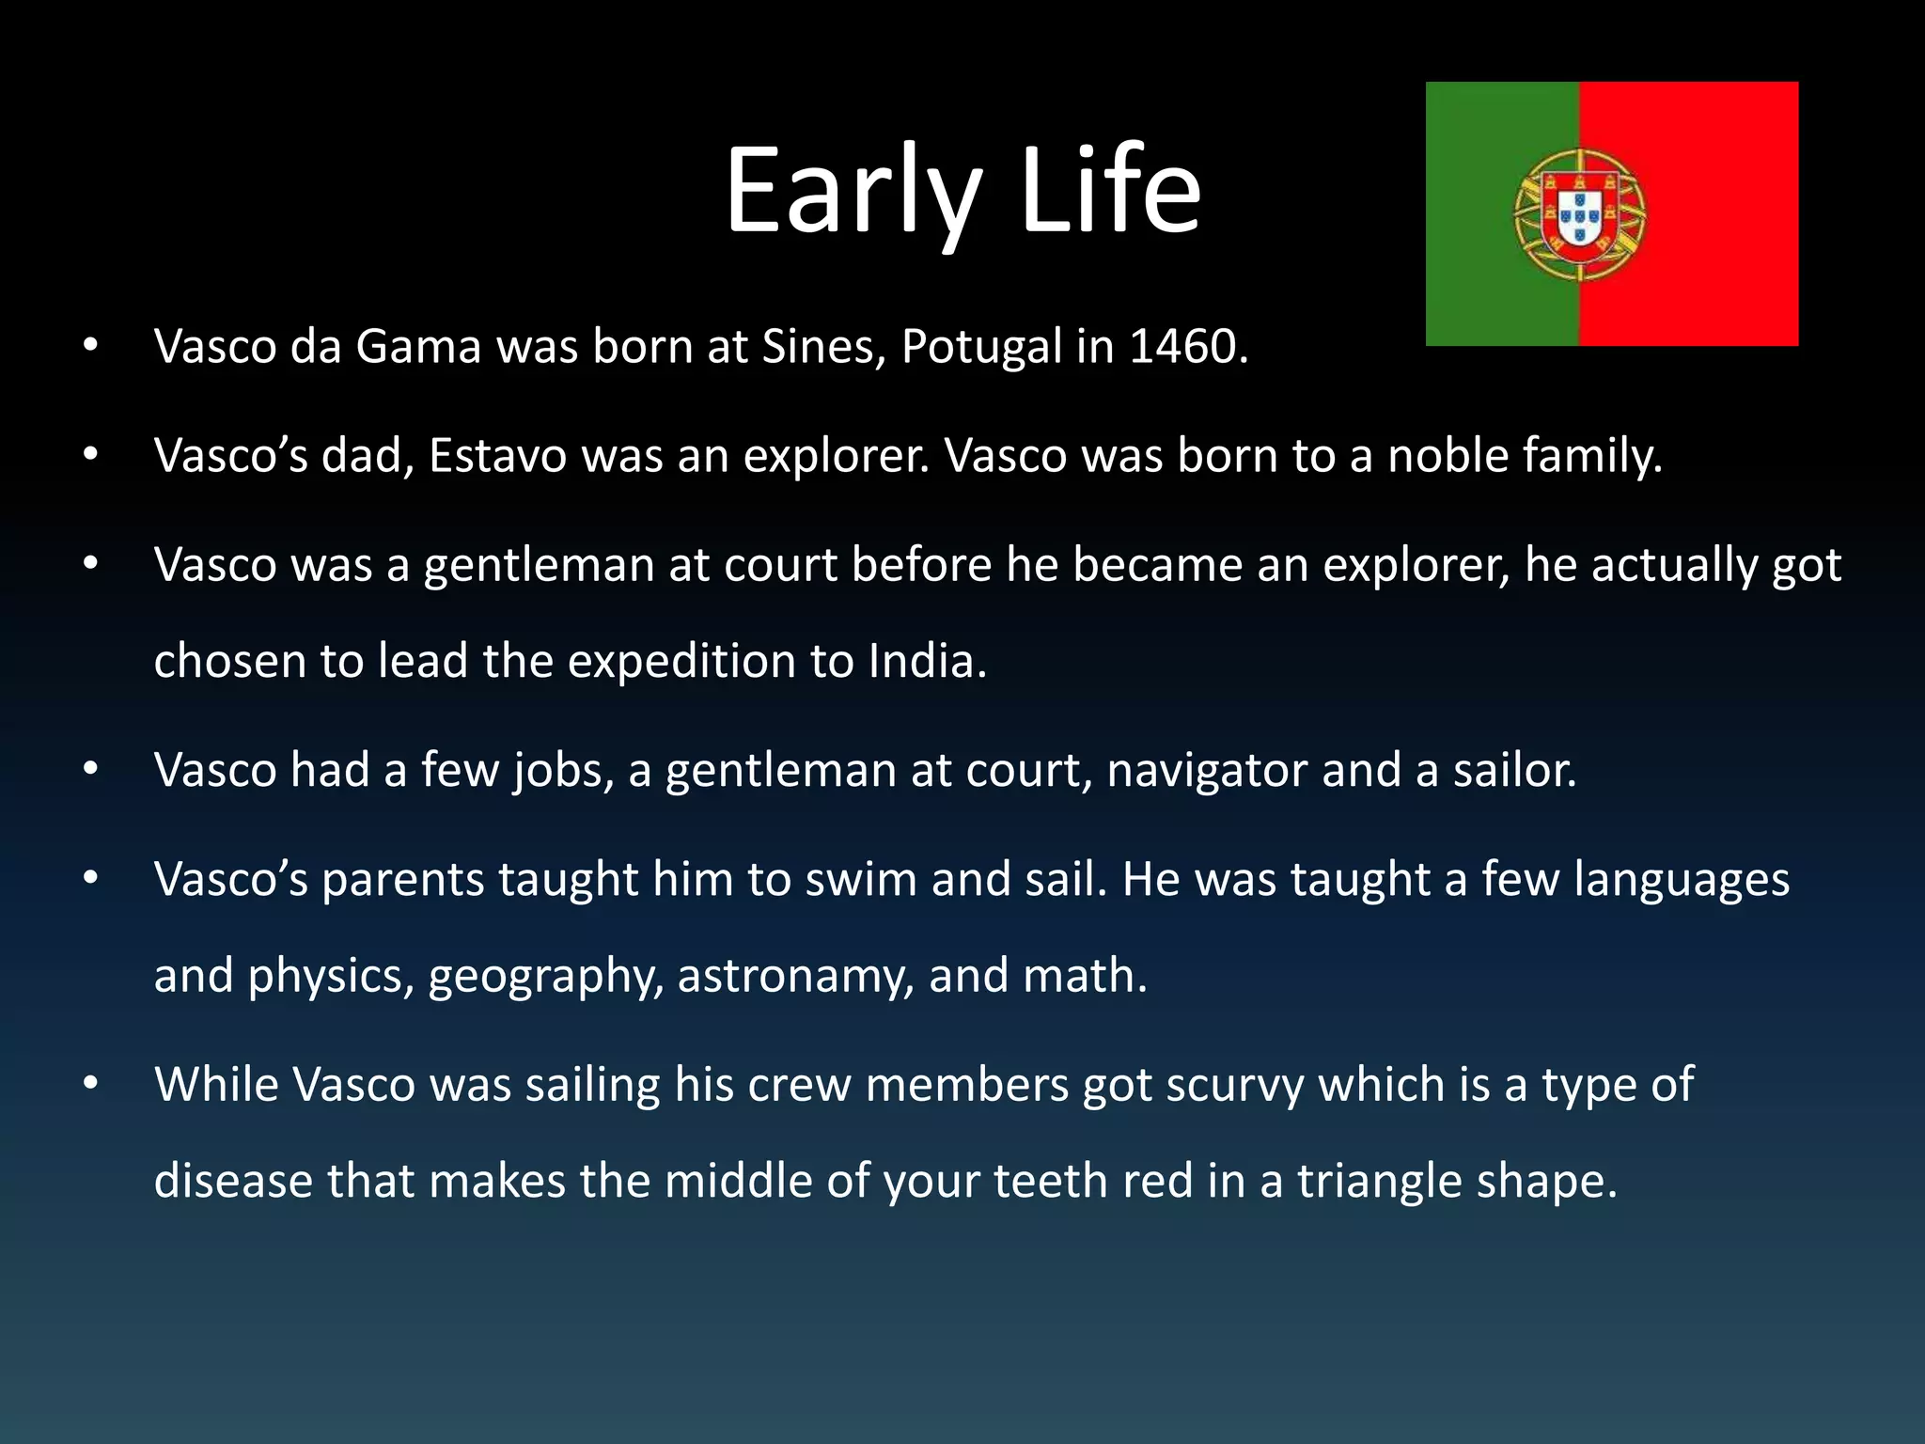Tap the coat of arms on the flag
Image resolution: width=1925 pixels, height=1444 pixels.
click(x=1579, y=214)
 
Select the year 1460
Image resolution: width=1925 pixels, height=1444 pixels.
click(x=1188, y=347)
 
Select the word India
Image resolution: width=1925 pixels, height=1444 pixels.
click(x=927, y=661)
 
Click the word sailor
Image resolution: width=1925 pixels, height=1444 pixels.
click(x=1514, y=771)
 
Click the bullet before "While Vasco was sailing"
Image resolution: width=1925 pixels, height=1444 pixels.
click(x=90, y=1084)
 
